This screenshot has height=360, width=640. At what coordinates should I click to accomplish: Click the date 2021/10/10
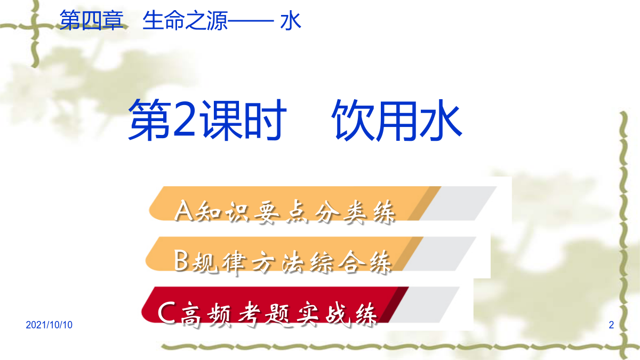49,325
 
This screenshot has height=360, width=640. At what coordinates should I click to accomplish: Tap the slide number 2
611,325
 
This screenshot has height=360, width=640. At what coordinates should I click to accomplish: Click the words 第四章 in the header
91,20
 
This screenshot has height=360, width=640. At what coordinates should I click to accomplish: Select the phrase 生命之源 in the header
185,20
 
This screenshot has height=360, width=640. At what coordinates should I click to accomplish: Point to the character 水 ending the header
291,21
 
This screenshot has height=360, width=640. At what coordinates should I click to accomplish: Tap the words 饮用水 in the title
397,120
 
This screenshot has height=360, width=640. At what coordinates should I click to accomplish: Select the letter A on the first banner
183,211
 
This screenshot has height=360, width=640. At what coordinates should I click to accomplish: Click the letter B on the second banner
181,260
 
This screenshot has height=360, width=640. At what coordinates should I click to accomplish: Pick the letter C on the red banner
166,313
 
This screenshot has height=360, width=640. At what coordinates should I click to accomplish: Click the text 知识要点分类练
295,212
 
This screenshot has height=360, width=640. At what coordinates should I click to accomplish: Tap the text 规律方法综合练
291,262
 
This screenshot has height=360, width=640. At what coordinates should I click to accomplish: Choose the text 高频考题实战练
279,314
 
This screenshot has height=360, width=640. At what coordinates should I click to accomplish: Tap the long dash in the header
251,21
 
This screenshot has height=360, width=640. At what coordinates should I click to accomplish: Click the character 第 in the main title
150,120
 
